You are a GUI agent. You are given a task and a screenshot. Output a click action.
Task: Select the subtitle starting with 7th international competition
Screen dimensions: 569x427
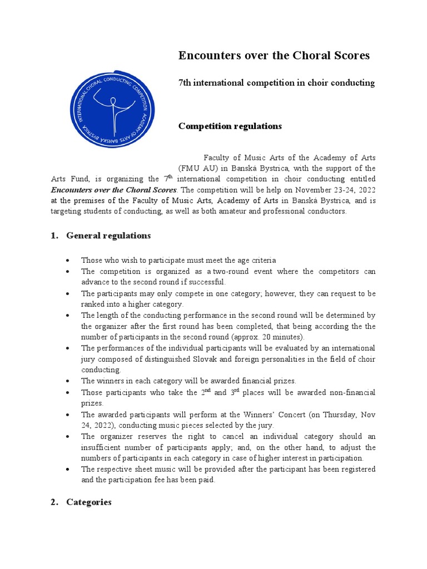point(276,83)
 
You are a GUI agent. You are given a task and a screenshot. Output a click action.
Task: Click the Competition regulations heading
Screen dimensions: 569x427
point(230,126)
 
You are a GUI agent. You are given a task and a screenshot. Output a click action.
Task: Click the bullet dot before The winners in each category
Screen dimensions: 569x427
point(68,381)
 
